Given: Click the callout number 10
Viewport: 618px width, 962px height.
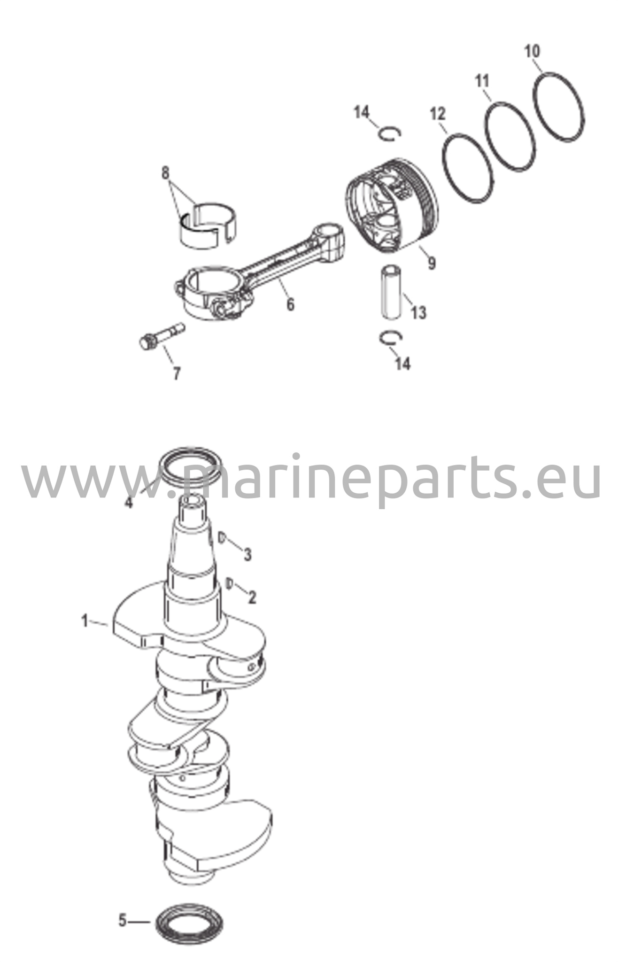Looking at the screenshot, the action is click(x=533, y=51).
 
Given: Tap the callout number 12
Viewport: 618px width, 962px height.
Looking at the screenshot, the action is click(x=438, y=114).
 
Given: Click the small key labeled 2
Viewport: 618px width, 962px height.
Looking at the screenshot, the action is click(x=230, y=583).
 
